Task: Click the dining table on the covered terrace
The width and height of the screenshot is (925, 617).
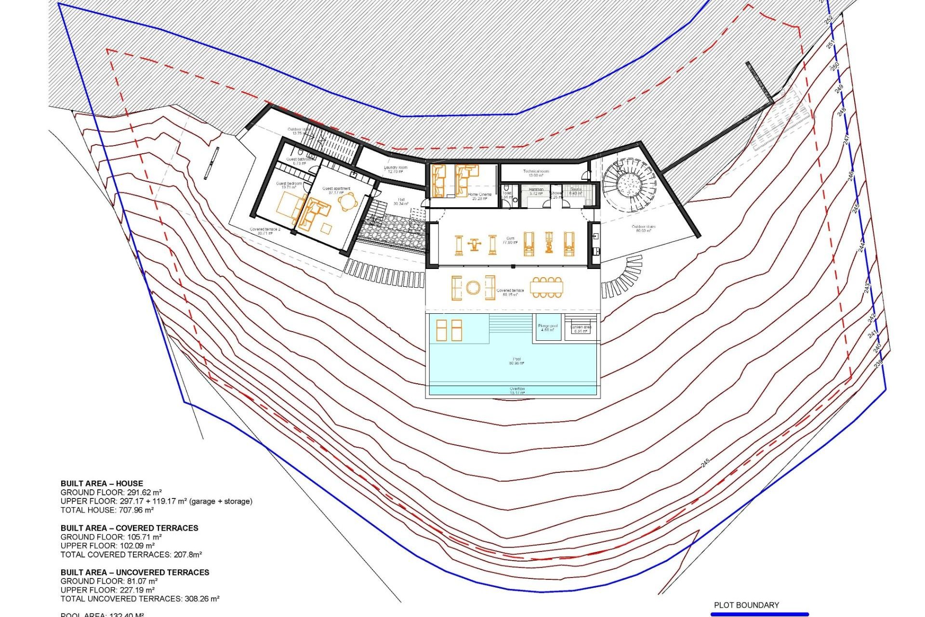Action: (546, 288)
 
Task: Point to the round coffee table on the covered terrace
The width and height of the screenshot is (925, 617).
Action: (473, 288)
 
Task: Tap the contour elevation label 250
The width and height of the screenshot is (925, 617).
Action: (835, 67)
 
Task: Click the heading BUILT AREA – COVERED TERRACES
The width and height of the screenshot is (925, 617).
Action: (129, 528)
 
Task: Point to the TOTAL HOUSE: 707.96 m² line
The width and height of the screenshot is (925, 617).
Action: (107, 510)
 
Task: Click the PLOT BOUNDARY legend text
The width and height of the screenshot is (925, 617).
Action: (746, 605)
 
